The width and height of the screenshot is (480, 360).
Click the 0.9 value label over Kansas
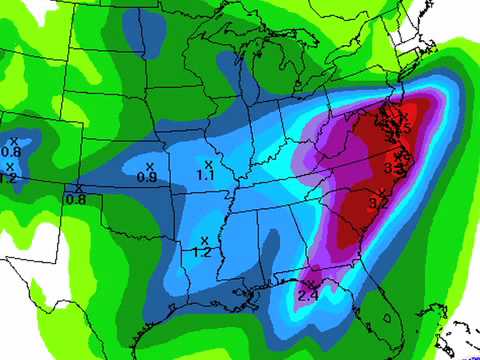pyautogui.click(x=146, y=177)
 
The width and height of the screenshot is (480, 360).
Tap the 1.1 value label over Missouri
pyautogui.click(x=206, y=175)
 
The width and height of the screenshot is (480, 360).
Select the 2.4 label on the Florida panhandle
pyautogui.click(x=308, y=294)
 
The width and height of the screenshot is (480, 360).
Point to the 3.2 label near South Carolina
pyautogui.click(x=379, y=203)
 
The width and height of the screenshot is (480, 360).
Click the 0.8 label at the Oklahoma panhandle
pyautogui.click(x=75, y=198)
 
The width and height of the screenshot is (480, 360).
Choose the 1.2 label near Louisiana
pyautogui.click(x=201, y=252)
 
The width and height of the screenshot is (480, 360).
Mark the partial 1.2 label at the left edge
pyautogui.click(x=8, y=178)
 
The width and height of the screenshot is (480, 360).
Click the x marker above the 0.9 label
pyautogui.click(x=149, y=165)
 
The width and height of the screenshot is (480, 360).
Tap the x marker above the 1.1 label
pyautogui.click(x=208, y=163)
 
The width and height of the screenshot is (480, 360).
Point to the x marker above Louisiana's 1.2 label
pyautogui.click(x=204, y=239)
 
